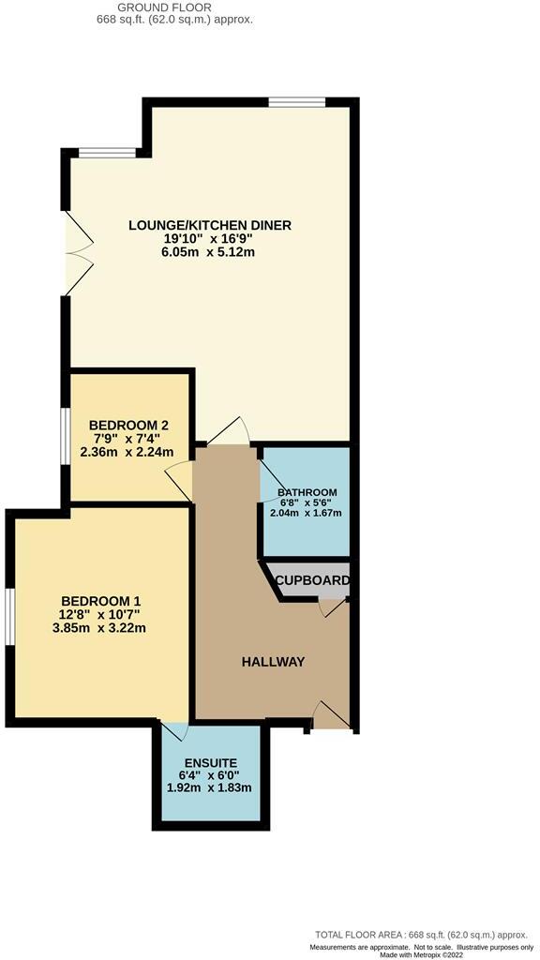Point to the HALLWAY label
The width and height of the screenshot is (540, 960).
click(x=274, y=662)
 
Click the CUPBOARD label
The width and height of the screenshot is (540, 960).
click(x=313, y=581)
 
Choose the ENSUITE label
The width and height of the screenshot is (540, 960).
click(x=209, y=762)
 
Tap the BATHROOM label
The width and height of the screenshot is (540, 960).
click(x=307, y=492)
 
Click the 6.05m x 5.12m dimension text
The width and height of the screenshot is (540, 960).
click(x=210, y=252)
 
